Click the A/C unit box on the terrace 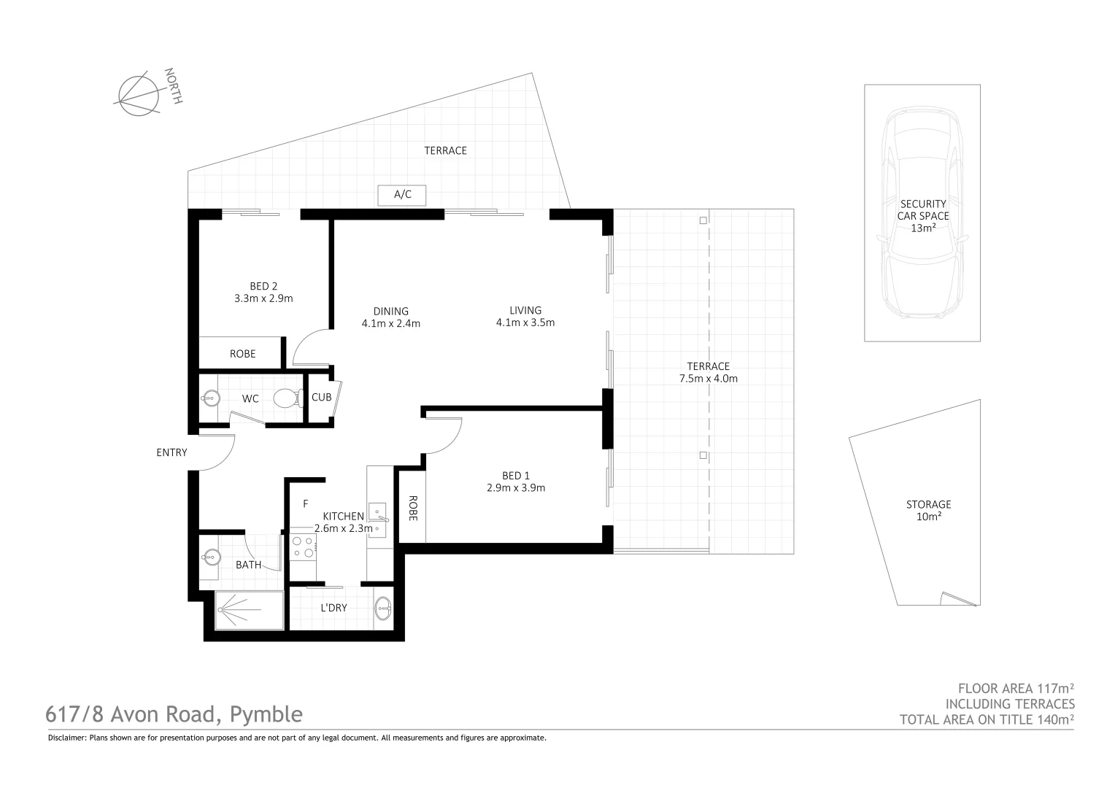tap(402, 195)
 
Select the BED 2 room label tap(263, 286)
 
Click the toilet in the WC tap(287, 398)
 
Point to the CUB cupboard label tap(321, 398)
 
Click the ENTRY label tap(171, 452)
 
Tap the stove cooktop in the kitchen tap(303, 547)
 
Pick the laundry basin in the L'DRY tap(382, 607)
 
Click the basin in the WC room tap(210, 398)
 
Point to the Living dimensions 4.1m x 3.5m tap(525, 322)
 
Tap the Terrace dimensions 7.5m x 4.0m tap(708, 379)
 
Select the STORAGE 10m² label tap(928, 510)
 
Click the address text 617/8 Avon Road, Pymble tap(174, 714)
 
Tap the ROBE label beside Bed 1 tap(412, 509)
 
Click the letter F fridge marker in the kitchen tap(306, 503)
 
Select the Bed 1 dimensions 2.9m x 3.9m tap(516, 488)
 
